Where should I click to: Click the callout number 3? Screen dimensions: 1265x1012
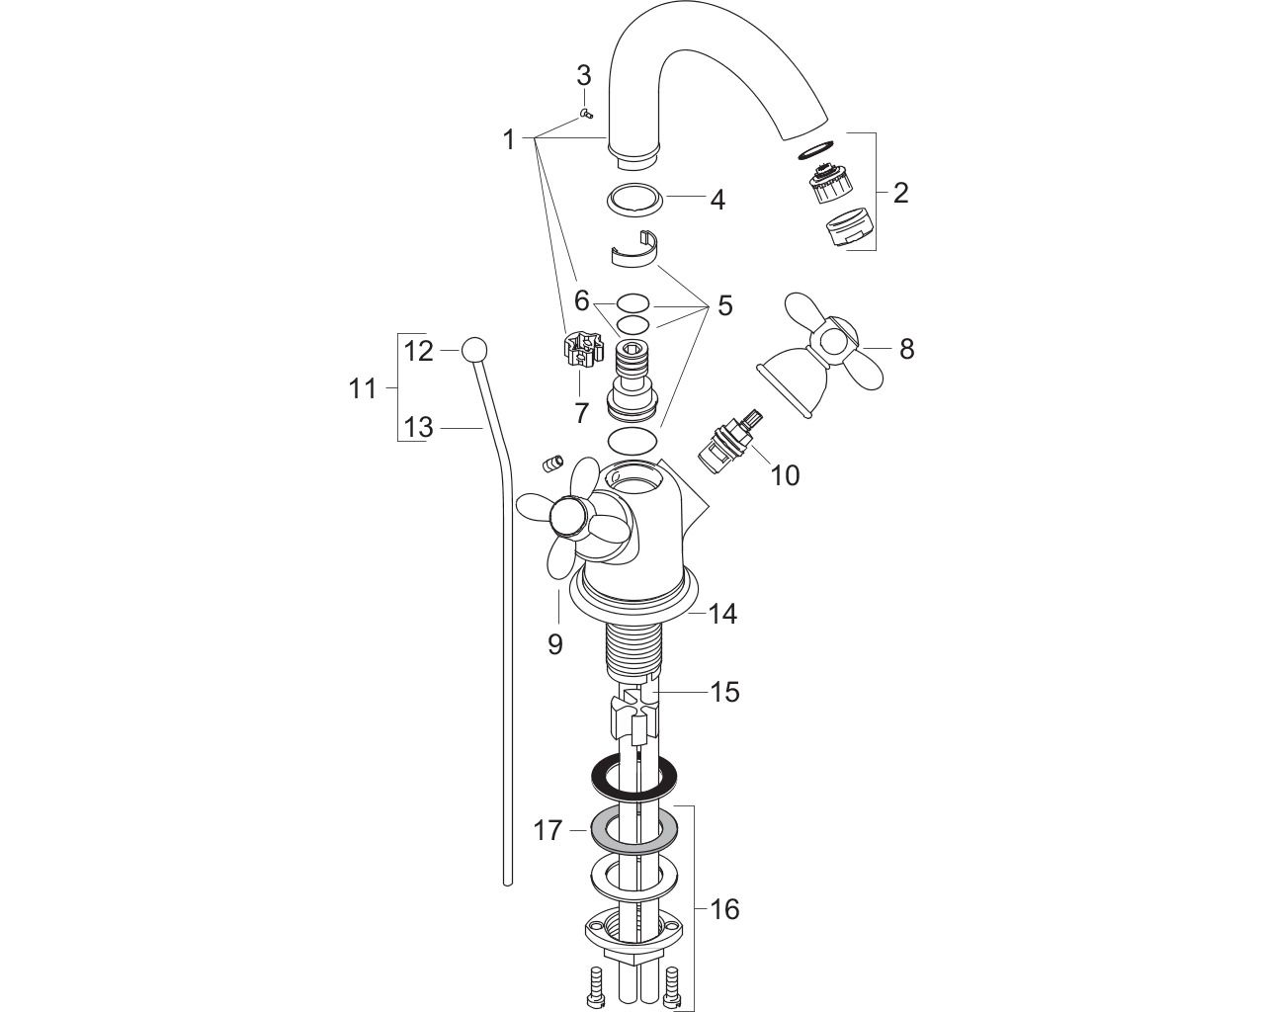point(583,76)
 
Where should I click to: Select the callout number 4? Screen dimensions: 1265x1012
point(717,200)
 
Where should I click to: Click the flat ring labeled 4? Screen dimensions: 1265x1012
point(635,197)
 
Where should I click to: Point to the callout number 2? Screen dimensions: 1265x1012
point(900,193)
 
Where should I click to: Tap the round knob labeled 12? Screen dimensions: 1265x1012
point(475,351)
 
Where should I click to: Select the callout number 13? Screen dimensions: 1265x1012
point(418,428)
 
